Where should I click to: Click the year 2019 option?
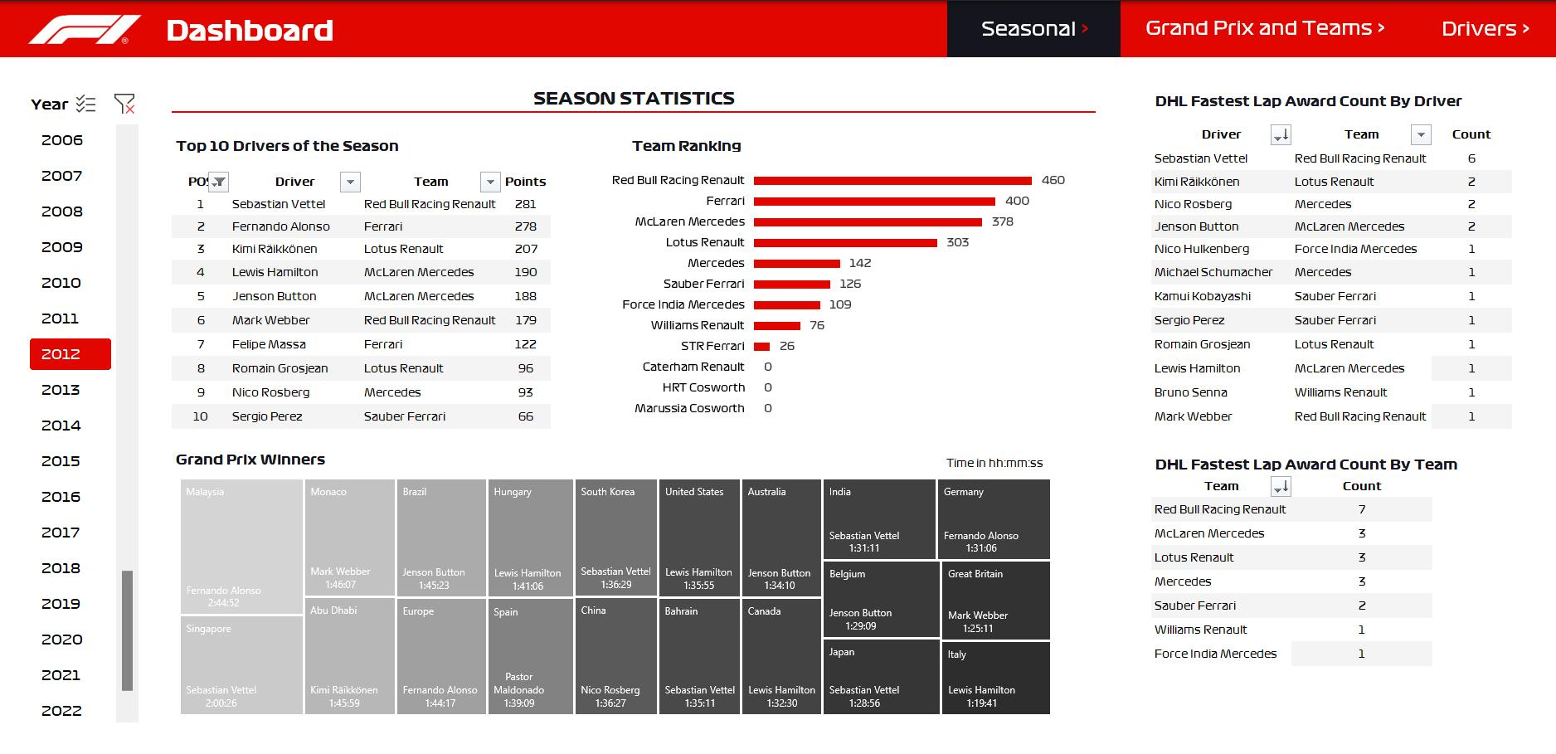tap(61, 604)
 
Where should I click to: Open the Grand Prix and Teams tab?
tap(1264, 28)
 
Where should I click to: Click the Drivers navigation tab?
tap(1485, 29)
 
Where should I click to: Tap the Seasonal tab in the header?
tap(1033, 29)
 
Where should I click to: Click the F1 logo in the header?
tap(84, 29)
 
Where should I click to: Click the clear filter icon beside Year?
tap(124, 104)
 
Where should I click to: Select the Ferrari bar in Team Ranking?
tap(874, 201)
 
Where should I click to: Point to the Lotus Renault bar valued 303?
tap(845, 242)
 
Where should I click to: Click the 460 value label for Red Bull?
tap(1053, 180)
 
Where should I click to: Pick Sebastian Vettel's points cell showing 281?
tap(525, 204)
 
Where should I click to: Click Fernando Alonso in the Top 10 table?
tap(280, 226)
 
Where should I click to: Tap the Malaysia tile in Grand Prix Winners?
tap(241, 547)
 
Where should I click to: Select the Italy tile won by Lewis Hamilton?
tap(995, 678)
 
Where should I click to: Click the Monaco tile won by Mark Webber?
tap(349, 537)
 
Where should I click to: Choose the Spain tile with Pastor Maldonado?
tap(530, 655)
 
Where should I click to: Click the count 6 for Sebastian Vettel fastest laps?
tap(1471, 158)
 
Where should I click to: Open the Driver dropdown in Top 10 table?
tap(351, 182)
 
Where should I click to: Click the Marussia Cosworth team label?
tap(689, 408)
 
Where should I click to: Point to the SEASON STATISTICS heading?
tap(634, 99)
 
